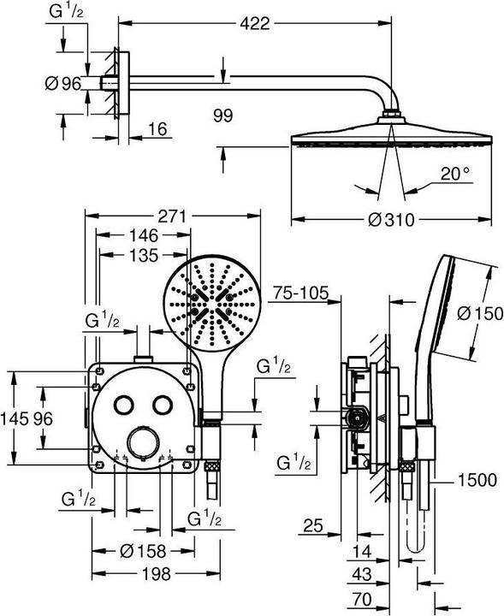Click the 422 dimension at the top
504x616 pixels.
[x=255, y=24]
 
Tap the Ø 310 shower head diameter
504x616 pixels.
[x=391, y=219]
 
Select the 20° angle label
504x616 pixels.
[x=455, y=173]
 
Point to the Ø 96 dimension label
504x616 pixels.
[x=63, y=83]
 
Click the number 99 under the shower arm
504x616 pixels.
[x=222, y=115]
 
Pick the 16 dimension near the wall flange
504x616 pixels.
[x=158, y=129]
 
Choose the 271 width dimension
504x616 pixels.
[x=172, y=216]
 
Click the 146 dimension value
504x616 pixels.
[x=144, y=235]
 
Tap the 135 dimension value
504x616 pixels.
[x=144, y=255]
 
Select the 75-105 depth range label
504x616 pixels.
[x=300, y=293]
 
